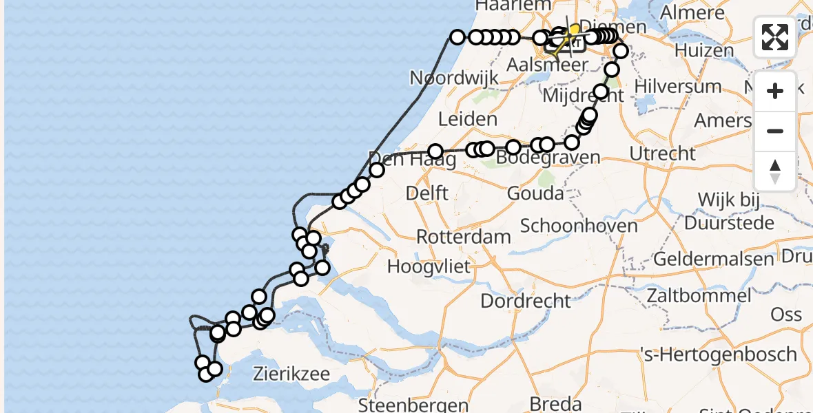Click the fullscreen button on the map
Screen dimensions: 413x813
coord(775,37)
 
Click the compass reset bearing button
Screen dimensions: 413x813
coord(775,171)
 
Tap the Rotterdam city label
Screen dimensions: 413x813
coord(464,237)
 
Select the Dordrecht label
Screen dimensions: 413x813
coord(526,301)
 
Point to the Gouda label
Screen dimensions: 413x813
coord(535,193)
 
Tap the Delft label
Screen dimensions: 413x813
coord(428,193)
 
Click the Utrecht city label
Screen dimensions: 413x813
coord(663,153)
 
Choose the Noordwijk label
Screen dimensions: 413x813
coord(454,78)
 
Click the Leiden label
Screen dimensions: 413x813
coord(469,119)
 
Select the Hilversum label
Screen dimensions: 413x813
coord(678,87)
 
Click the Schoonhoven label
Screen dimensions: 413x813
coord(579,226)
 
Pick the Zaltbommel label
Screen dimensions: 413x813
coord(699,296)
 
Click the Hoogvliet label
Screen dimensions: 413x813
coord(429,266)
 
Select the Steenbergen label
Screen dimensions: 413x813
coord(414,404)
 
